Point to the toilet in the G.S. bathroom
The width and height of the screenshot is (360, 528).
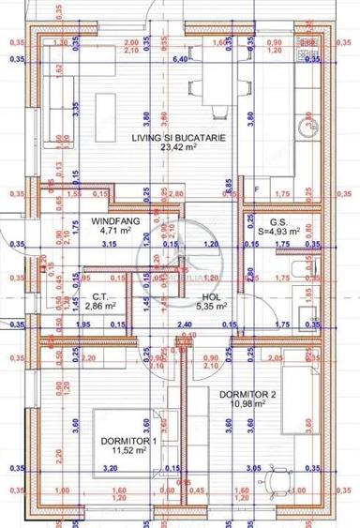pyautogui.click(x=299, y=272)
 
